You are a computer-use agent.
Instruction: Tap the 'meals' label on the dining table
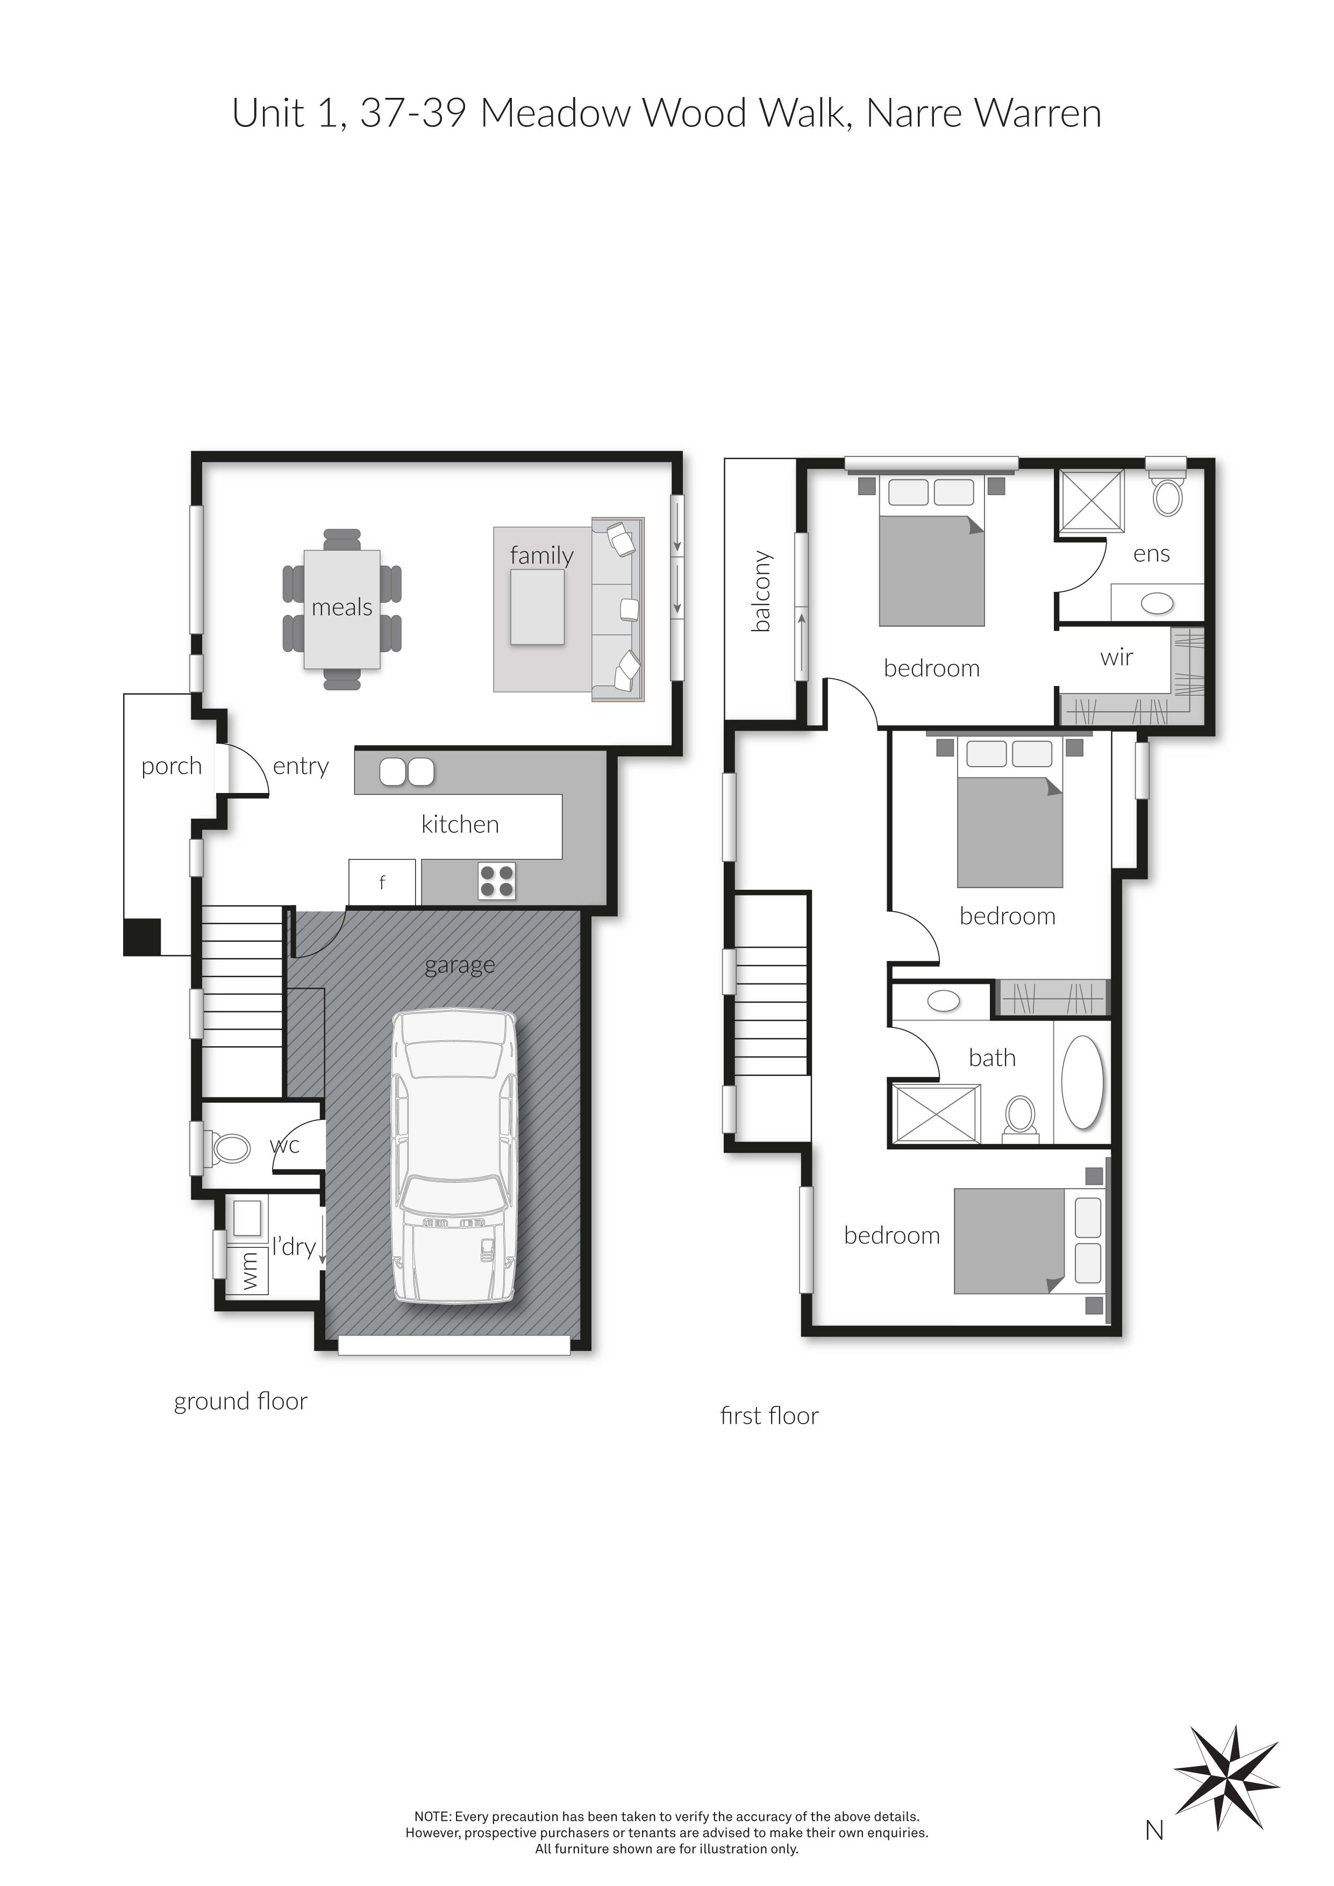pyautogui.click(x=342, y=608)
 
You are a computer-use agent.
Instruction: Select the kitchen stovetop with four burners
pyautogui.click(x=496, y=881)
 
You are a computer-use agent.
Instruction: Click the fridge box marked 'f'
pyautogui.click(x=382, y=882)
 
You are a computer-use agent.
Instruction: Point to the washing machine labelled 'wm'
pyautogui.click(x=249, y=1271)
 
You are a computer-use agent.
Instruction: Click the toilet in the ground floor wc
pyautogui.click(x=231, y=1148)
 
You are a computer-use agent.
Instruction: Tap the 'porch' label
pyautogui.click(x=171, y=767)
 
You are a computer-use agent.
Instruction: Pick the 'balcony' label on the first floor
pyautogui.click(x=761, y=591)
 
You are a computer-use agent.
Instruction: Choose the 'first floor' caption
pyautogui.click(x=769, y=1416)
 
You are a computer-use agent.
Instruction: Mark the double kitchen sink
pyautogui.click(x=406, y=771)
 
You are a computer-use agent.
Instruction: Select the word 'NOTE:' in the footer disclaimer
pyautogui.click(x=432, y=1817)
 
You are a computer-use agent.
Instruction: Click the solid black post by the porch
pyautogui.click(x=141, y=937)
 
